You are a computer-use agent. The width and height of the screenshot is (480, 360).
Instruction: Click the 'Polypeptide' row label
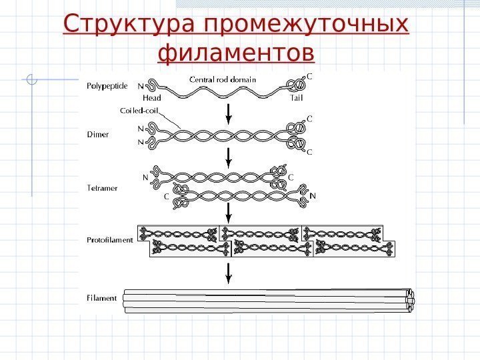[108, 85]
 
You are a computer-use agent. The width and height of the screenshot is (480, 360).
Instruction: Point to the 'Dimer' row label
[98, 134]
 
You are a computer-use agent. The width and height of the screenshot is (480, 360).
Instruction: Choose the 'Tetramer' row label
[103, 188]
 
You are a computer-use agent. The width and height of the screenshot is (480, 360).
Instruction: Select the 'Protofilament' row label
[111, 239]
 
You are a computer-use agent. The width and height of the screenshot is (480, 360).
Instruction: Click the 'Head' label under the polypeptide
[151, 98]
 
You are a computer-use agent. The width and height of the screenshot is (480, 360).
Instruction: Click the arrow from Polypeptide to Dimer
[229, 113]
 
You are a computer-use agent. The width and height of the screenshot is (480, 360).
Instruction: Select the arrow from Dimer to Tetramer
[229, 157]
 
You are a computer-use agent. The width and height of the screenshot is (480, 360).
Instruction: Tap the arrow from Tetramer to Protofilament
[229, 213]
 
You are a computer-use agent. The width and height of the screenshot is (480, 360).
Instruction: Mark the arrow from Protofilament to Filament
[229, 273]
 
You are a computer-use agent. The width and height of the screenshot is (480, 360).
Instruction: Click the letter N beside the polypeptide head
[140, 86]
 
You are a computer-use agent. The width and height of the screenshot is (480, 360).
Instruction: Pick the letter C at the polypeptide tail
[309, 77]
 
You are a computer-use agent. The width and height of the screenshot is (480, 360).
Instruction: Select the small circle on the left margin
[30, 81]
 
